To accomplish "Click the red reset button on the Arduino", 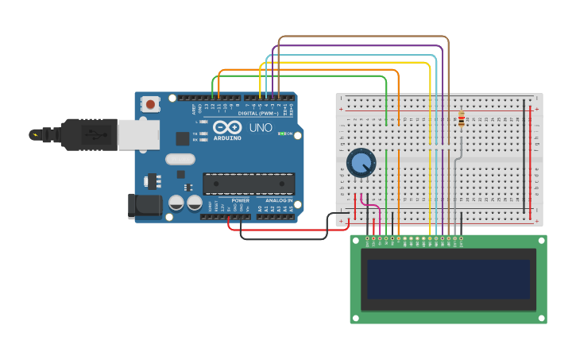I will (150, 104).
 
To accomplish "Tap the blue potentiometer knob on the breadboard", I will (361, 163).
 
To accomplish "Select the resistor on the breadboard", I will (462, 119).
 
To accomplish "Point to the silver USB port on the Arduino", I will (138, 134).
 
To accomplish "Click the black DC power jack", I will (145, 206).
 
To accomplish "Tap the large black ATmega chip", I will (248, 184).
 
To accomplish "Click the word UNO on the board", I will (261, 128).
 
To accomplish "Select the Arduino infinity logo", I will (227, 127).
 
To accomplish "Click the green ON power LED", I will (280, 133).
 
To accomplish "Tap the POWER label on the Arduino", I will (240, 200).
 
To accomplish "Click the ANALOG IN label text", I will (279, 200).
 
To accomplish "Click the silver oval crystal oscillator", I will (180, 158).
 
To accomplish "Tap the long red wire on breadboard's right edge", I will (531, 159).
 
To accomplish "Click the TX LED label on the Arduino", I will (195, 134).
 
